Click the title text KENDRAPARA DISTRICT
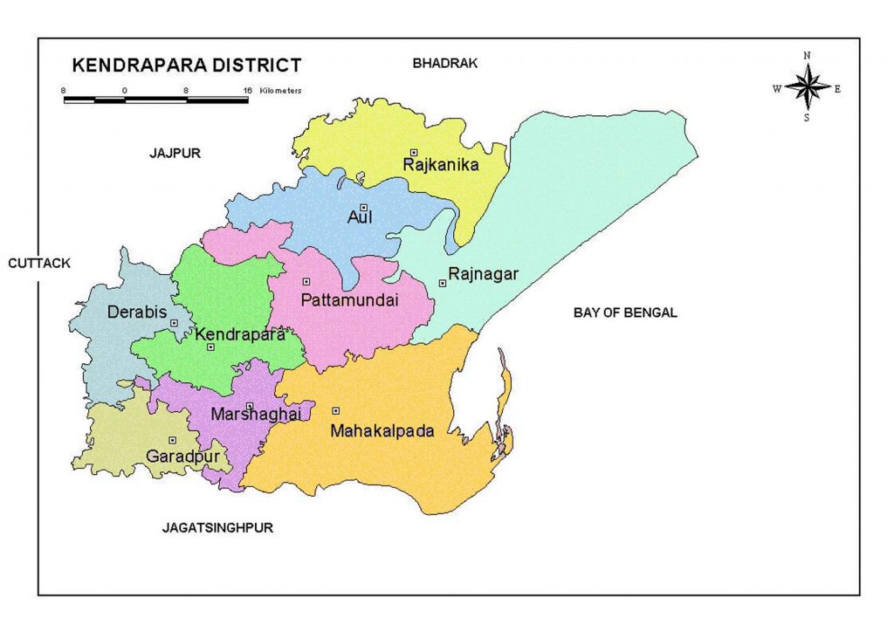(x=186, y=65)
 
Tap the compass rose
(x=807, y=87)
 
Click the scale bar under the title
(x=155, y=100)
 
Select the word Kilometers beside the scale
(x=281, y=91)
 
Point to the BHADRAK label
(x=444, y=63)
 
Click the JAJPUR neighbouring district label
(x=175, y=153)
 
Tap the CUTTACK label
(x=38, y=262)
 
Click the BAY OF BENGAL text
(x=625, y=313)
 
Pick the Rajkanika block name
(x=440, y=164)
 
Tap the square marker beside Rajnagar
(x=443, y=283)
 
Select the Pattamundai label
(x=348, y=300)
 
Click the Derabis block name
(x=136, y=312)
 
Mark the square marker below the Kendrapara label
(x=210, y=347)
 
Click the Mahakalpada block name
(x=382, y=429)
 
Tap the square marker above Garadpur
(x=173, y=440)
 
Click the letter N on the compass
(x=807, y=56)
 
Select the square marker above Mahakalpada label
(x=335, y=410)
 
